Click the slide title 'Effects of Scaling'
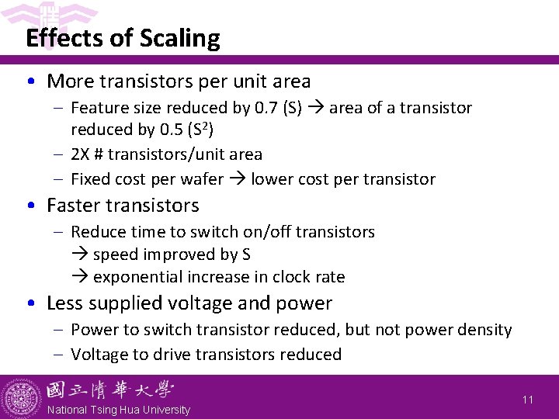click(123, 38)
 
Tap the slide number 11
click(528, 400)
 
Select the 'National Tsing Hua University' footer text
click(119, 410)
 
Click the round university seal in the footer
click(20, 397)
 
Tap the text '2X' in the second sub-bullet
click(81, 154)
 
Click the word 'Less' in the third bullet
click(64, 303)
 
